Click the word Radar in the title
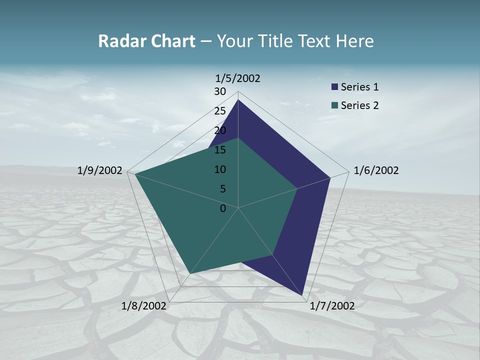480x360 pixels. click(x=119, y=41)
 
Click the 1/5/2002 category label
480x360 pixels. click(x=237, y=78)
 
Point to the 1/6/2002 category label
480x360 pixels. click(x=376, y=170)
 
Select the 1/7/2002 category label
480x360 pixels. click(x=332, y=306)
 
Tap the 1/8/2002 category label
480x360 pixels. click(x=143, y=306)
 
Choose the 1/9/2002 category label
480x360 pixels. click(x=100, y=170)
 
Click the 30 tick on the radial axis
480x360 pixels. click(x=220, y=91)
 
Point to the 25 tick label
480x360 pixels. click(x=220, y=111)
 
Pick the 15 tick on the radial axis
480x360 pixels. click(x=220, y=150)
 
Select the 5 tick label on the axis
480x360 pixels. click(x=222, y=189)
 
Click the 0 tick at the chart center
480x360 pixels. click(x=223, y=208)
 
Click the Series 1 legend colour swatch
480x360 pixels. click(x=334, y=87)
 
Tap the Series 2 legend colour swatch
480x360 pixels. click(x=334, y=105)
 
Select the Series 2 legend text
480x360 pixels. click(x=359, y=105)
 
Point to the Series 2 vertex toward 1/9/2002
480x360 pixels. click(x=135, y=174)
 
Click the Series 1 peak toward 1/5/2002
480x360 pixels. click(x=238, y=100)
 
